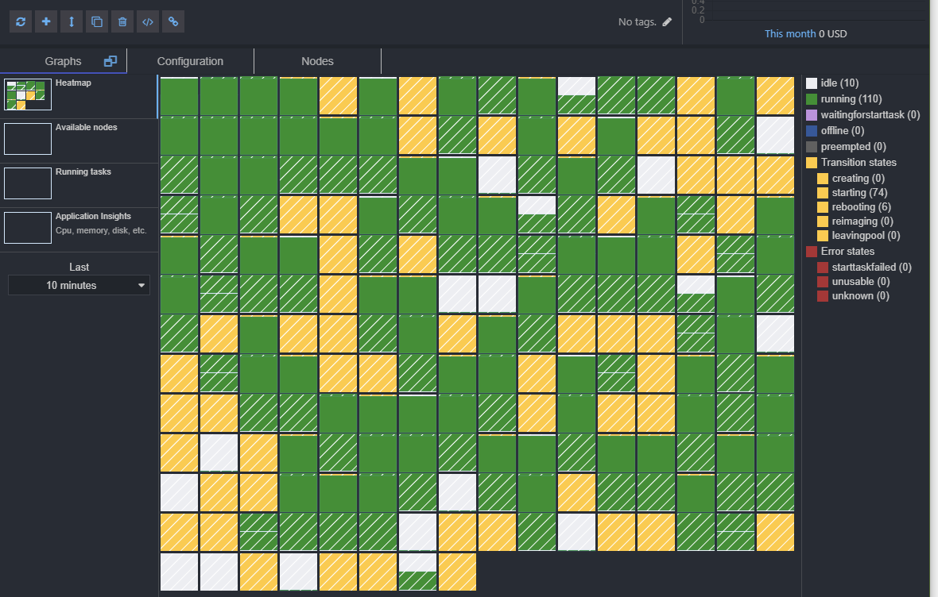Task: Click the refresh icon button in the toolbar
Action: tap(21, 22)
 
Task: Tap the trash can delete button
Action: tap(122, 22)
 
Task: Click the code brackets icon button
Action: tap(148, 22)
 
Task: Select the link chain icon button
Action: tap(173, 22)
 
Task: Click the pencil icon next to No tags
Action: tap(667, 22)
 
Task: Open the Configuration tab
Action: tap(190, 61)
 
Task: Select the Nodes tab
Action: tap(317, 61)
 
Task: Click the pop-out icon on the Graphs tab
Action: tap(110, 61)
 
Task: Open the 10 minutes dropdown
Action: tap(79, 285)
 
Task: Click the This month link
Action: tap(789, 33)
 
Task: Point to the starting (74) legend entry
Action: tap(859, 192)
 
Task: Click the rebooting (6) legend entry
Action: tap(861, 206)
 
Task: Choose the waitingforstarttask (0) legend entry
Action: tap(870, 114)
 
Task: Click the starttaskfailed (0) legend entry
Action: tap(871, 267)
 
